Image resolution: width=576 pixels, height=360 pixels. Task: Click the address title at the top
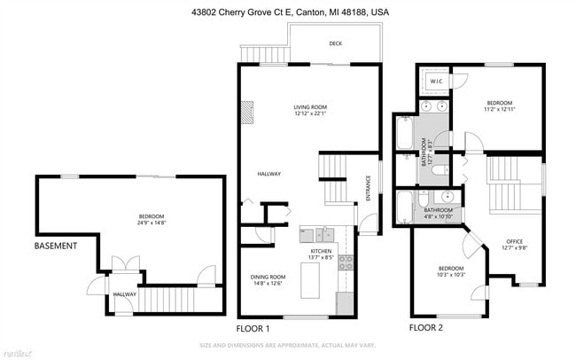(289, 13)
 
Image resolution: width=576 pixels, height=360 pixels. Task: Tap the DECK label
(335, 43)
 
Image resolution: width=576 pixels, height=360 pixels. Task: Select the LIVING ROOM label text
(310, 112)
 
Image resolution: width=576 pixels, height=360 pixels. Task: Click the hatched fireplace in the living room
(246, 111)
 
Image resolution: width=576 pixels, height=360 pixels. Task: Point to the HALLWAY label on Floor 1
(269, 174)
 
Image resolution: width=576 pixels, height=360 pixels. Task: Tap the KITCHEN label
(321, 254)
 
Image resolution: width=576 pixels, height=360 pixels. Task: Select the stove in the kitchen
(346, 262)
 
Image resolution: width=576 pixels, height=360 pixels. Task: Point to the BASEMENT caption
(56, 246)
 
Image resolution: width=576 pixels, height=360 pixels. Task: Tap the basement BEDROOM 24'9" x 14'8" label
(152, 219)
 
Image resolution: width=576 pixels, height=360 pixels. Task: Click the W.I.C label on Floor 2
(436, 82)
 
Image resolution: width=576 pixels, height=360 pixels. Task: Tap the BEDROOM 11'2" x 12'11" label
(500, 106)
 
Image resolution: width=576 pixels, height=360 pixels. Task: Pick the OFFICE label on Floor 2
(515, 245)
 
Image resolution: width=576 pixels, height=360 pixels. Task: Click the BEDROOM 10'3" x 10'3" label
(452, 272)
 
